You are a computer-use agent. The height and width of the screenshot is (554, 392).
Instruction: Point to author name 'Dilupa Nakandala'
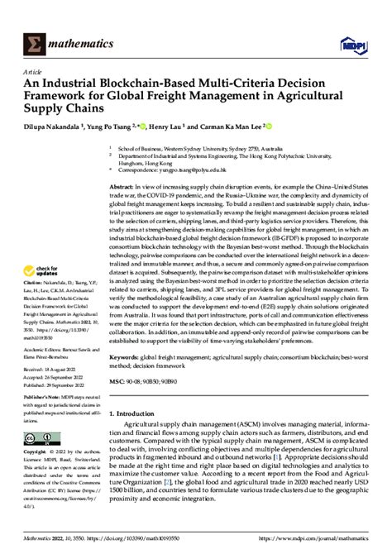click(55, 128)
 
